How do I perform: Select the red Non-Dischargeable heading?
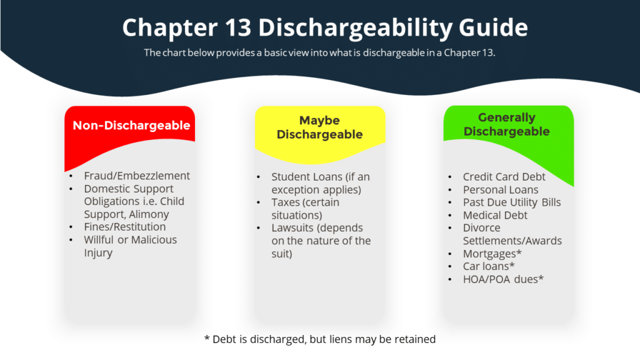click(x=131, y=126)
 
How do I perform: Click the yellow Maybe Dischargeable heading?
click(x=319, y=127)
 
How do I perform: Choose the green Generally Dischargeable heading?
click(x=506, y=124)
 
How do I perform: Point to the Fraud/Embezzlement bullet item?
click(x=137, y=176)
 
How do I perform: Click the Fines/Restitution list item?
click(x=125, y=227)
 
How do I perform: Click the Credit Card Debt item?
click(x=504, y=177)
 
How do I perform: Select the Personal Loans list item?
click(x=500, y=190)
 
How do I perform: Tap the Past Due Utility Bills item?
click(x=511, y=202)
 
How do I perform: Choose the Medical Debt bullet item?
click(x=495, y=216)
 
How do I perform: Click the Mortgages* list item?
click(x=492, y=254)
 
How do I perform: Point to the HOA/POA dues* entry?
click(x=503, y=279)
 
